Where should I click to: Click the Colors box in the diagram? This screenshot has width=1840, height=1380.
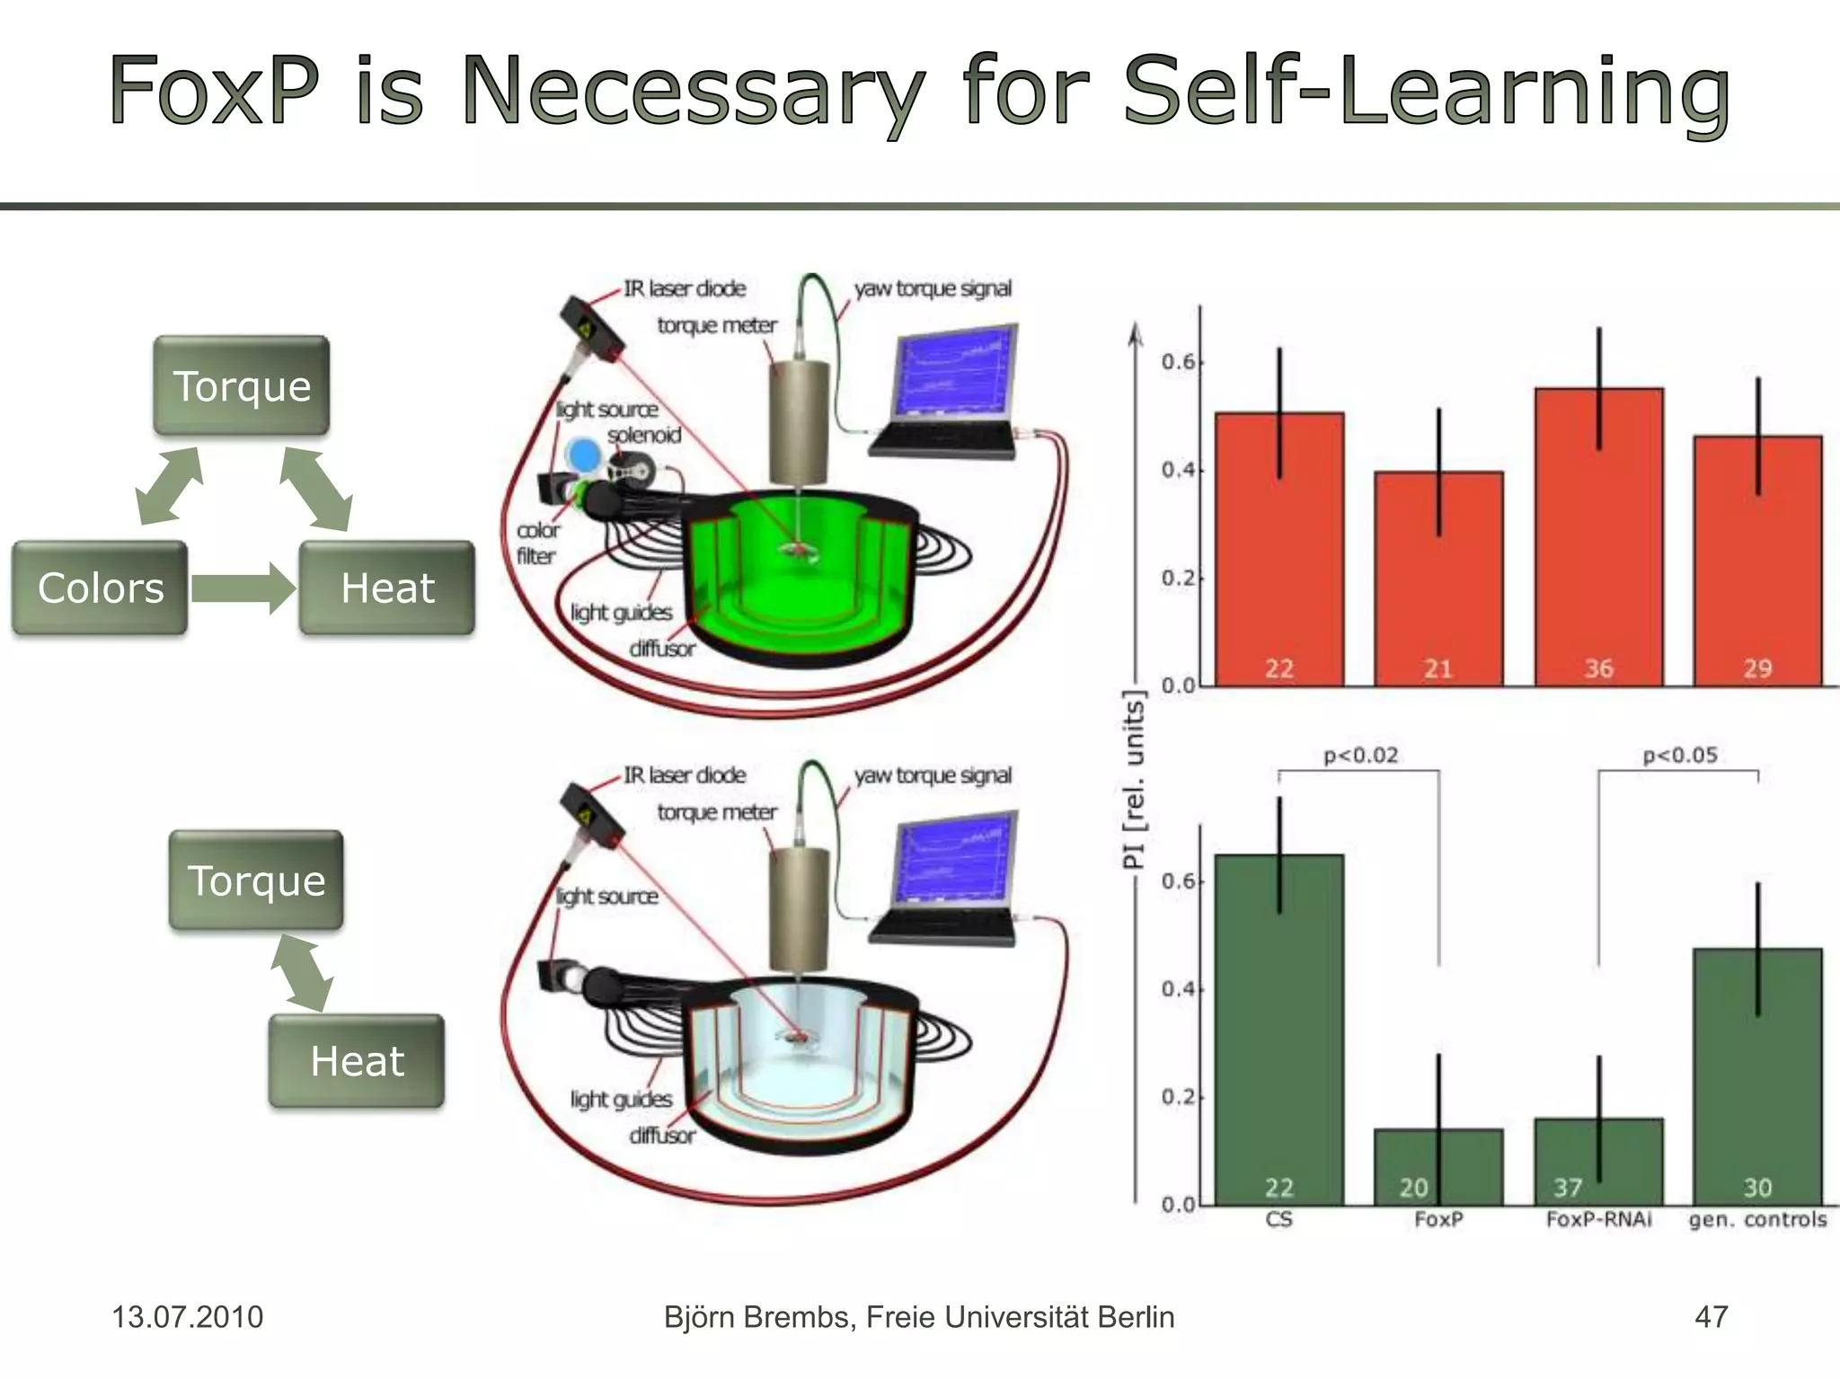(100, 588)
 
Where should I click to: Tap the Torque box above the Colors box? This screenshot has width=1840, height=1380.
(241, 386)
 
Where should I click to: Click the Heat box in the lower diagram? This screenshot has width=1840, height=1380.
(356, 1061)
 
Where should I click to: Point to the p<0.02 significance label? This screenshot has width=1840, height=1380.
(1360, 756)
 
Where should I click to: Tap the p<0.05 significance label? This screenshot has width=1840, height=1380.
(1679, 756)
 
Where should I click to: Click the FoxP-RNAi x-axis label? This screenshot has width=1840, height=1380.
(1598, 1220)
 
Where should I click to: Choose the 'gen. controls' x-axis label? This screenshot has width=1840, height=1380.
(1757, 1220)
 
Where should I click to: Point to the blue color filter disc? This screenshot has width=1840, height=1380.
(584, 456)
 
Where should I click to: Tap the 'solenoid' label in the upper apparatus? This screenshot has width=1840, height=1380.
(644, 436)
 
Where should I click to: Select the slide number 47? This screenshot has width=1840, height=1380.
(1711, 1317)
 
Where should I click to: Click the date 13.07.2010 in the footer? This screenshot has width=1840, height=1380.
(187, 1317)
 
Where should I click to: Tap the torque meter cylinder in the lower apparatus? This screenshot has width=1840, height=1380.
(799, 909)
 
